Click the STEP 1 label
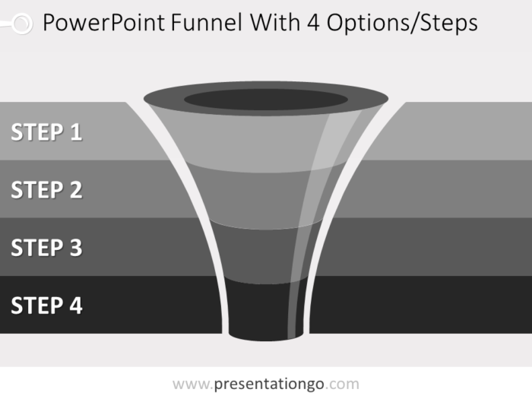pyautogui.click(x=46, y=131)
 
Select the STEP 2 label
pyautogui.click(x=46, y=190)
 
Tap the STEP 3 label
pyautogui.click(x=46, y=247)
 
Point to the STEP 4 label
pyautogui.click(x=46, y=306)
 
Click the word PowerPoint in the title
pyautogui.click(x=103, y=23)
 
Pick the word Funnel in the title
pyautogui.click(x=207, y=23)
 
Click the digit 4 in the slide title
pyautogui.click(x=313, y=23)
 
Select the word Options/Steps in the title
pyautogui.click(x=402, y=24)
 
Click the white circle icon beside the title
pyautogui.click(x=22, y=24)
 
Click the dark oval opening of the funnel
pyautogui.click(x=266, y=100)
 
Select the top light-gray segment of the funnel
pyautogui.click(x=266, y=143)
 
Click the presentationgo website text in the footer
pyautogui.click(x=266, y=384)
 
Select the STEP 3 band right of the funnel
pyautogui.click(x=424, y=247)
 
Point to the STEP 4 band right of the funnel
pyautogui.click(x=421, y=304)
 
